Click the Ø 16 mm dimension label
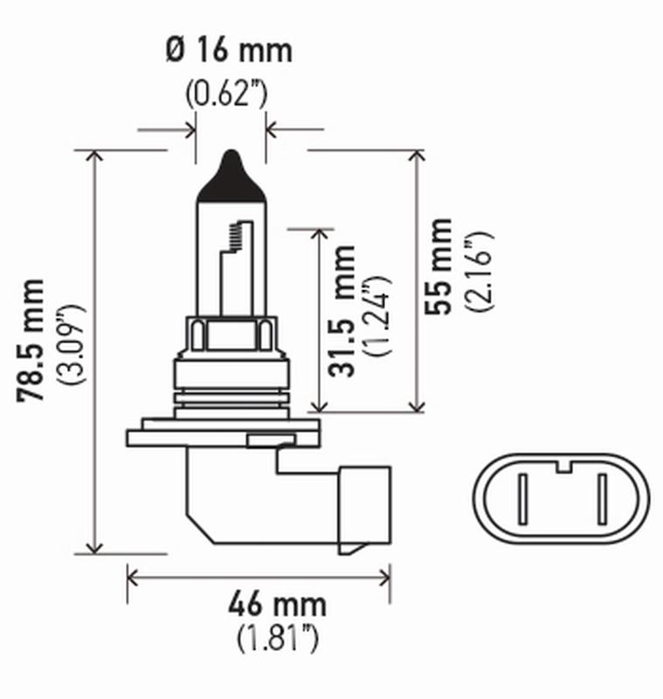228,50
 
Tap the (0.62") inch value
227,92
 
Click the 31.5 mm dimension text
344,311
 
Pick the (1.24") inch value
378,315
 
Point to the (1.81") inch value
277,639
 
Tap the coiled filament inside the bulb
234,235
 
